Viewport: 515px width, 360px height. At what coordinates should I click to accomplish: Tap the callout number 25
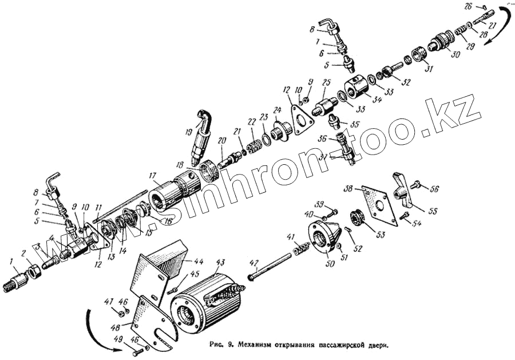point(326,84)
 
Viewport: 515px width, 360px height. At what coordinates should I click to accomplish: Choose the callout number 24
point(277,110)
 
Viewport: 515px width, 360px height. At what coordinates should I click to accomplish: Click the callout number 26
point(467,6)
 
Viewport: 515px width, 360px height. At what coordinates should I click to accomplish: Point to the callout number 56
point(434,188)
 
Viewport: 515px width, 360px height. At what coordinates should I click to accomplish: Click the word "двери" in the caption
point(378,346)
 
